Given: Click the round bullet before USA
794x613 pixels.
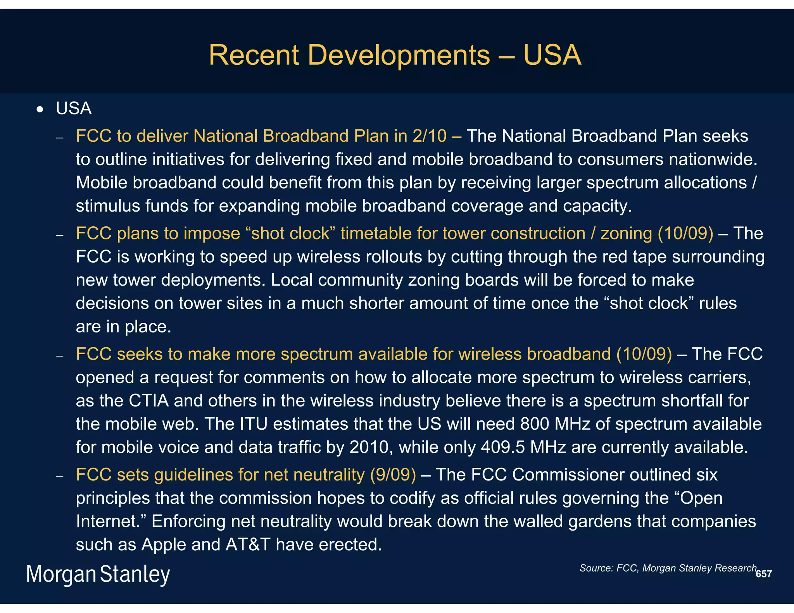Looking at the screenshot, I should pyautogui.click(x=40, y=110).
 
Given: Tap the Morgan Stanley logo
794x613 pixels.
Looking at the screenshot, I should pyautogui.click(x=98, y=574).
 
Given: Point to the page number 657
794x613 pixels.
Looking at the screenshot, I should pyautogui.click(x=763, y=574).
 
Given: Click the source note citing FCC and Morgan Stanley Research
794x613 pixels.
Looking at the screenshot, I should pyautogui.click(x=668, y=568).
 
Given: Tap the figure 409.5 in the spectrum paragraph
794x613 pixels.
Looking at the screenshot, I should pyautogui.click(x=503, y=447).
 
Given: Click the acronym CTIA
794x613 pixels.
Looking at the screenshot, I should pyautogui.click(x=148, y=401).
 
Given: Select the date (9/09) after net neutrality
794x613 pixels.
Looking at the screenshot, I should pyautogui.click(x=393, y=475).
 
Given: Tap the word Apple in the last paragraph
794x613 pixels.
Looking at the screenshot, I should pyautogui.click(x=164, y=544).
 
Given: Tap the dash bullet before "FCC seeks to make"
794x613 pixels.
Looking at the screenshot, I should pyautogui.click(x=59, y=356).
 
